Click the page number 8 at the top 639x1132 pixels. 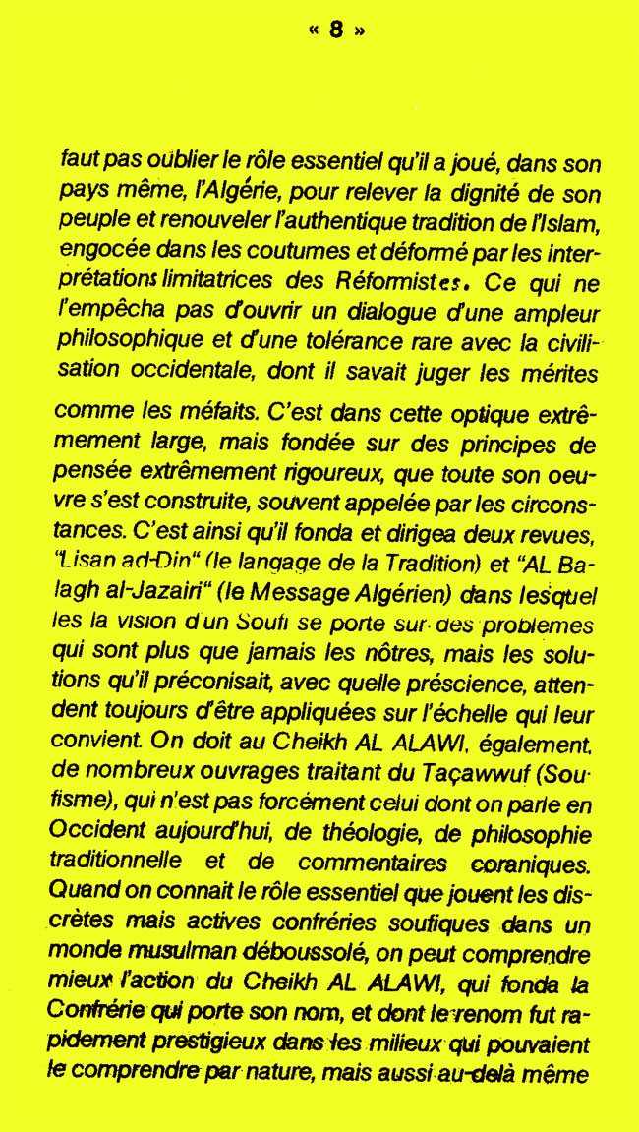pyautogui.click(x=336, y=30)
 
